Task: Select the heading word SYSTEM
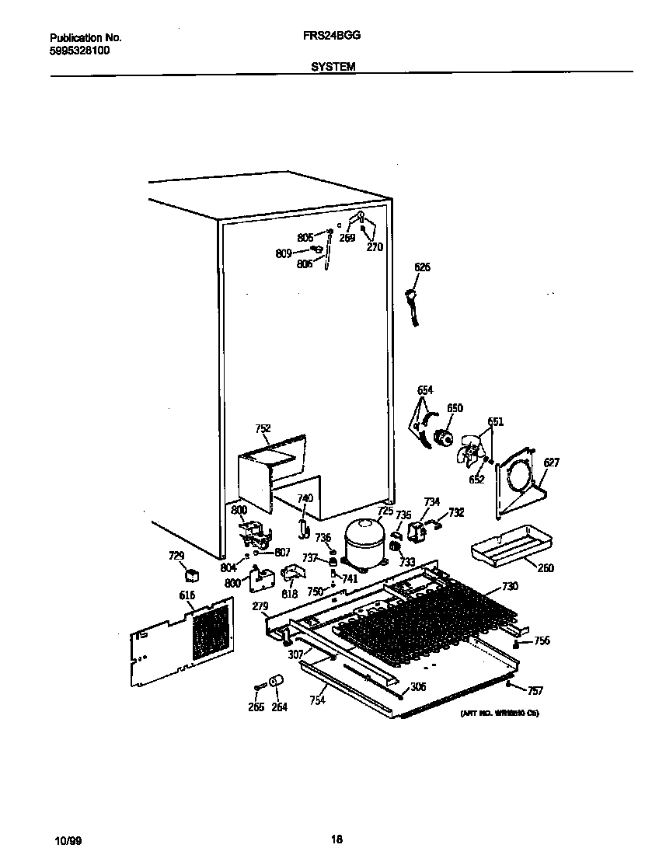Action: pos(333,68)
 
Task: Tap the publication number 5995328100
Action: pos(80,50)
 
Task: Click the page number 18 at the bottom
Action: pos(336,839)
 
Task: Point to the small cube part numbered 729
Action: pos(190,575)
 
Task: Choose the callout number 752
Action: pos(263,428)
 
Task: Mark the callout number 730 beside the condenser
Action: pos(510,586)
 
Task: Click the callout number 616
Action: pos(187,595)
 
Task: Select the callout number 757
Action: pos(535,690)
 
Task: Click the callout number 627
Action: pos(551,462)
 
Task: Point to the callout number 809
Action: pos(284,253)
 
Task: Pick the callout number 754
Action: pos(316,700)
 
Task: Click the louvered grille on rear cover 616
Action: pos(211,630)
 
